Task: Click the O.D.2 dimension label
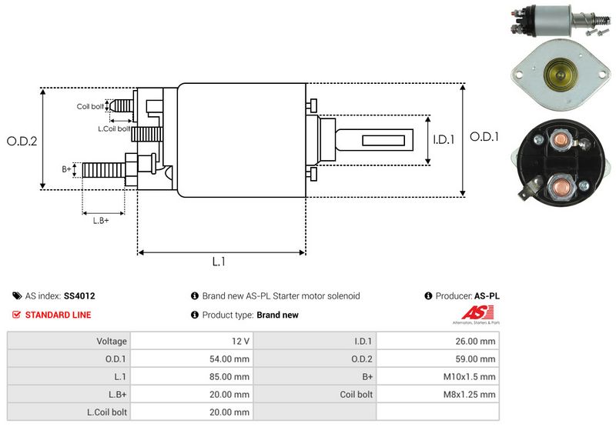click(x=22, y=141)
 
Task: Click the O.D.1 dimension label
click(x=485, y=137)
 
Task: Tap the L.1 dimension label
click(x=219, y=262)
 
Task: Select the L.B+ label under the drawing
click(x=101, y=221)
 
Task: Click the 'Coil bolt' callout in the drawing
click(x=90, y=106)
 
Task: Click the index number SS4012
click(x=79, y=295)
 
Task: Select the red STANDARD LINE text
click(x=58, y=315)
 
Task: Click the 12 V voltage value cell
click(x=240, y=341)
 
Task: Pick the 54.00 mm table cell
click(x=231, y=359)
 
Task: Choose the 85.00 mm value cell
click(x=231, y=376)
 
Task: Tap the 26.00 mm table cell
click(x=477, y=341)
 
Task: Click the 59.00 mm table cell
click(x=477, y=359)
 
